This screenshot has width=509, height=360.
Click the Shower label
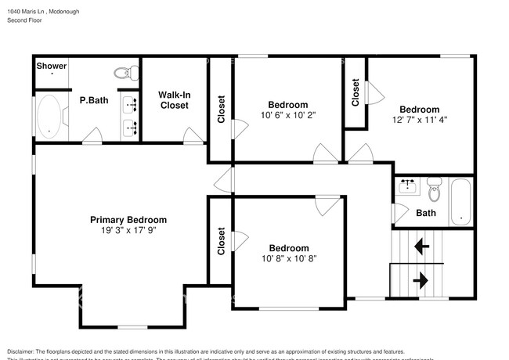pyautogui.click(x=52, y=67)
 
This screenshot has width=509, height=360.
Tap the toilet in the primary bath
pyautogui.click(x=124, y=73)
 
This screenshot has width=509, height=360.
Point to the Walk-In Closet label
pyautogui.click(x=174, y=99)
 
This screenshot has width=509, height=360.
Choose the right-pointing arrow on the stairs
pyautogui.click(x=421, y=279)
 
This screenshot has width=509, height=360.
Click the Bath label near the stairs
pyautogui.click(x=426, y=213)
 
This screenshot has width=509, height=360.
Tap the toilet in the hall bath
pyautogui.click(x=435, y=190)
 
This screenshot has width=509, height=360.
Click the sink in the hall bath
pyautogui.click(x=406, y=185)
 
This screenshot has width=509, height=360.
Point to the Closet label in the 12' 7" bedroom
pyautogui.click(x=356, y=93)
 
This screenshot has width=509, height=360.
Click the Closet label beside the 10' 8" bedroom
pyautogui.click(x=222, y=241)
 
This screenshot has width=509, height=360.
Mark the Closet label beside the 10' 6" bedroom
pyautogui.click(x=222, y=109)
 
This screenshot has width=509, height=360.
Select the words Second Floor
pyautogui.click(x=24, y=21)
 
